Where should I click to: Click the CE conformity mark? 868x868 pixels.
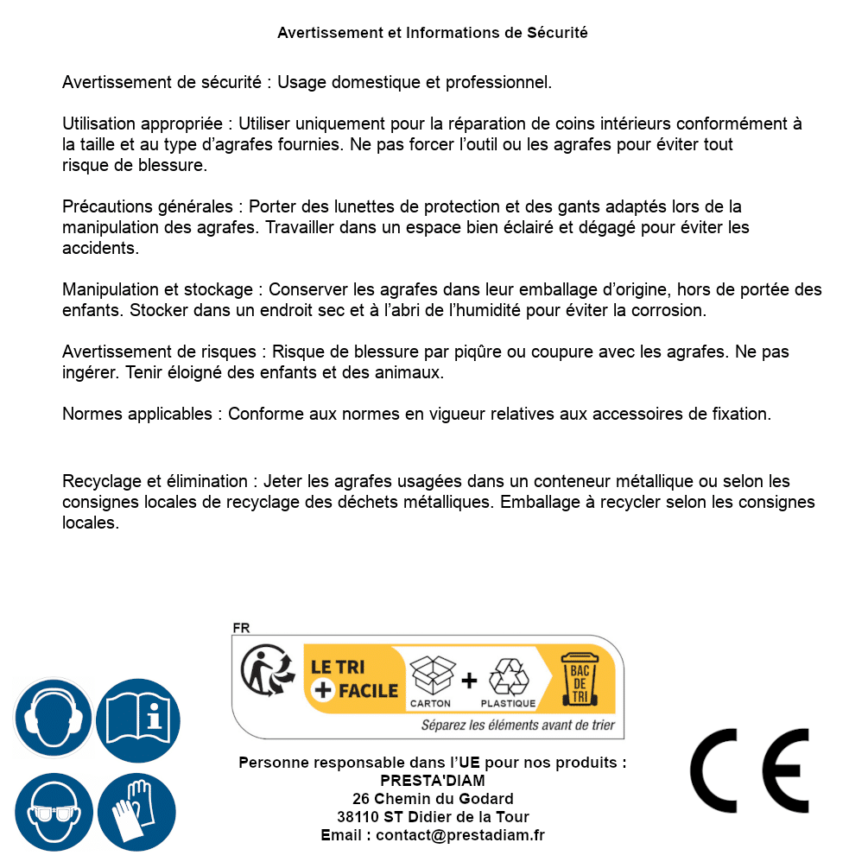coord(749,771)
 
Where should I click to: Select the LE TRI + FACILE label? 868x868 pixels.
coord(354,678)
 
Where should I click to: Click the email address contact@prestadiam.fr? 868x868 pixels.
coord(460,835)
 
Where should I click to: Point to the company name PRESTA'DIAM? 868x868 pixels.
coord(433,781)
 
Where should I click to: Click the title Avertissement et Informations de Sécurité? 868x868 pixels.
coord(433,33)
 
